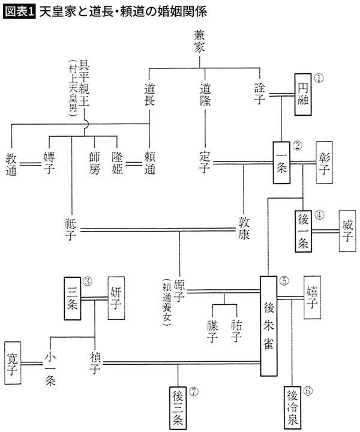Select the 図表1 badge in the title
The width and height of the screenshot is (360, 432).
[x=19, y=11]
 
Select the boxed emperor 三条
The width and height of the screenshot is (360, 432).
[x=72, y=298]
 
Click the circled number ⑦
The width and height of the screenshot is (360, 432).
[x=193, y=392]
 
